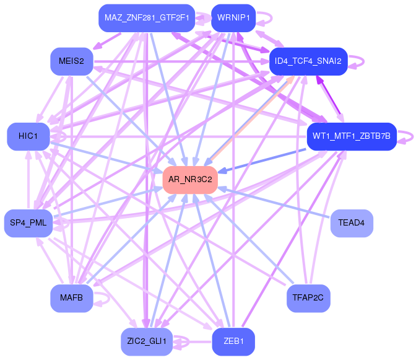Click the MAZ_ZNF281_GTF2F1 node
click(147, 17)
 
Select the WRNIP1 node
click(233, 17)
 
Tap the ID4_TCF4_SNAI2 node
click(308, 61)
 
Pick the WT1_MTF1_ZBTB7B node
click(351, 136)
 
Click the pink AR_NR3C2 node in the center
click(190, 179)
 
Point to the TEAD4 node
click(352, 222)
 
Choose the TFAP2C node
click(308, 299)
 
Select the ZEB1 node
click(233, 341)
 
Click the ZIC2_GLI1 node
click(146, 341)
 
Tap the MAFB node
click(72, 299)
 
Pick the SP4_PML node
click(28, 222)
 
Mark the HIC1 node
click(28, 136)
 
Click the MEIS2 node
click(72, 61)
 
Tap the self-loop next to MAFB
click(106, 299)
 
